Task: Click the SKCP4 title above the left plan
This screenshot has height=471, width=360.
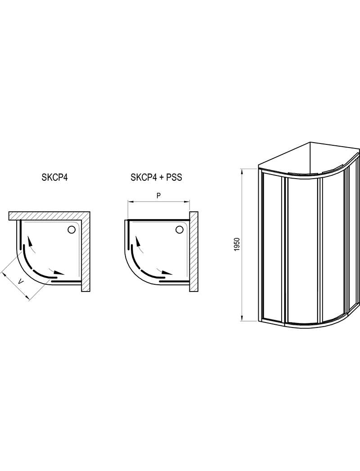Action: [x=54, y=177]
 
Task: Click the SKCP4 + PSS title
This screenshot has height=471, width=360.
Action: [x=156, y=177]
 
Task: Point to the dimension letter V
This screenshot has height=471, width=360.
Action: [x=20, y=282]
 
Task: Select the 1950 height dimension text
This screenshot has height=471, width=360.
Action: [x=237, y=244]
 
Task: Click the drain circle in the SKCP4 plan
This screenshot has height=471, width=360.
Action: [x=71, y=230]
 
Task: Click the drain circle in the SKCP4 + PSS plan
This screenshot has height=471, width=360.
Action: [x=180, y=230]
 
